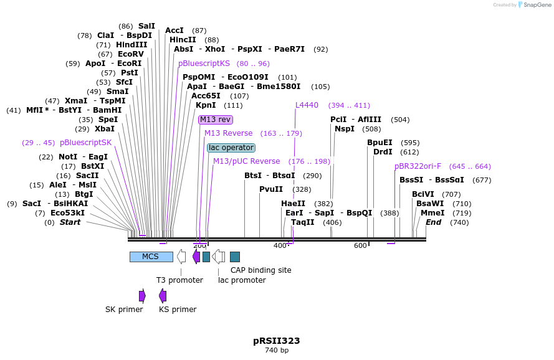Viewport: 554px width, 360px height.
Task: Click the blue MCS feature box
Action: click(x=151, y=257)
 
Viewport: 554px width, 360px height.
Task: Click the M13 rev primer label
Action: click(x=214, y=120)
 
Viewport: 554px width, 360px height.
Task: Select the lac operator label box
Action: click(x=231, y=148)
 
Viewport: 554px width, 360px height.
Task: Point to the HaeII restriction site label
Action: click(x=294, y=204)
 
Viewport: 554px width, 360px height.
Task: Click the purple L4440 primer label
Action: click(x=307, y=105)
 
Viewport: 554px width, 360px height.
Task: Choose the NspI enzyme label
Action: click(x=345, y=129)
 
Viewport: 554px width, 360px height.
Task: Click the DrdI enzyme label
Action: click(x=383, y=152)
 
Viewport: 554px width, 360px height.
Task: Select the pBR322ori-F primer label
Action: click(x=418, y=166)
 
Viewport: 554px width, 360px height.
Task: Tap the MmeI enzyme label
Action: click(x=432, y=213)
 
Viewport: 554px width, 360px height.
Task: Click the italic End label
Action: click(x=433, y=222)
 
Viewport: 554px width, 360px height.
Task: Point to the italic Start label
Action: click(x=70, y=222)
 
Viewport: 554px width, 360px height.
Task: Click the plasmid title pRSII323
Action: click(x=276, y=341)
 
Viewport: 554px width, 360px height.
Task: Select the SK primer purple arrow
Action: click(x=142, y=296)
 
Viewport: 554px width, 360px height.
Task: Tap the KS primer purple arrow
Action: click(x=163, y=296)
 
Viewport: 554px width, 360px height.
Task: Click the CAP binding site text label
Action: click(x=260, y=270)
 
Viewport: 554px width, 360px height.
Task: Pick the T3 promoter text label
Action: click(x=179, y=280)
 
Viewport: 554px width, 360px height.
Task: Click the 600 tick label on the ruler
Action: click(x=360, y=246)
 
